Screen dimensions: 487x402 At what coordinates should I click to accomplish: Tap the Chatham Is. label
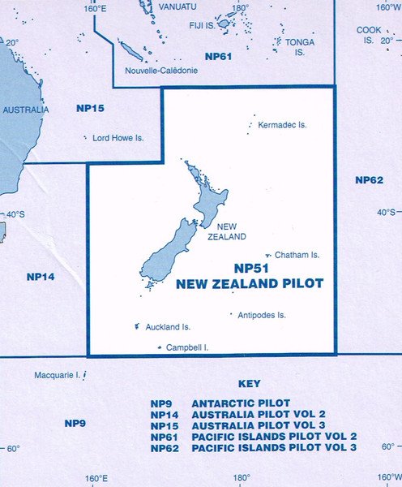click(297, 255)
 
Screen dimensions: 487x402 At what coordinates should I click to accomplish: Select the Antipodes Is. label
click(262, 315)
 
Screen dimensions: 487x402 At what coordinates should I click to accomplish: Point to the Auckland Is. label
click(168, 327)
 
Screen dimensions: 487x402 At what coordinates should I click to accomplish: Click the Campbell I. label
click(187, 347)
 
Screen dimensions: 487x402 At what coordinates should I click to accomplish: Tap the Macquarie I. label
click(58, 376)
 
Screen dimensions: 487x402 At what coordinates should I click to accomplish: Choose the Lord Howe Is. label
click(118, 139)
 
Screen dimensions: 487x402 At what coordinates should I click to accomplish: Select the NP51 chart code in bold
click(250, 268)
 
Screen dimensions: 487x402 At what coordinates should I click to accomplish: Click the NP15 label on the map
click(90, 108)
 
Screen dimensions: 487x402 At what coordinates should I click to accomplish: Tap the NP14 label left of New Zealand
click(41, 277)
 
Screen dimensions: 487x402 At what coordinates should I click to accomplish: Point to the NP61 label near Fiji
click(219, 56)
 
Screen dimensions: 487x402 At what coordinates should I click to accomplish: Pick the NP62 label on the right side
click(369, 179)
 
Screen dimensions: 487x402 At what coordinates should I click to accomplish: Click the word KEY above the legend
click(250, 384)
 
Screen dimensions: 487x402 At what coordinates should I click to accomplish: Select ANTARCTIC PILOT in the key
click(234, 403)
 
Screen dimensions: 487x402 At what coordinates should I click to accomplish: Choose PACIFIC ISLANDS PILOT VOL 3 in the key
click(274, 447)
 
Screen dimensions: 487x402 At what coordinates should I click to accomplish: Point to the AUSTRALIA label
click(26, 110)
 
